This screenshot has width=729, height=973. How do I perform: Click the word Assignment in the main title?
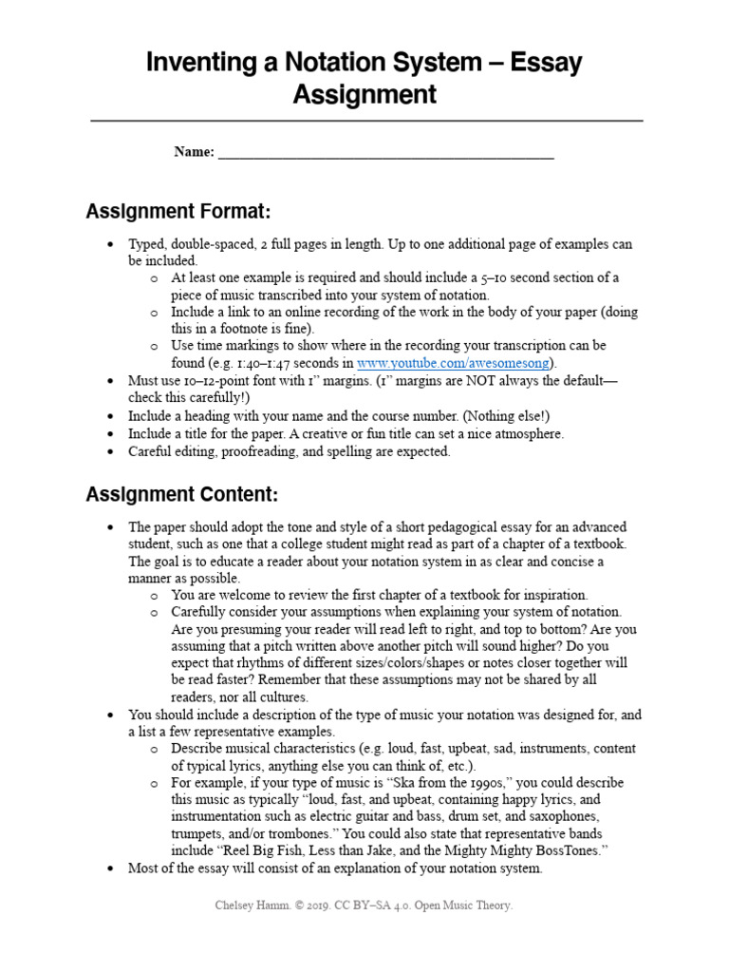pos(364,95)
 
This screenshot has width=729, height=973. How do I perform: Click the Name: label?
pos(194,152)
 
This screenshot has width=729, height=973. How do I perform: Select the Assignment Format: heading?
pos(179,210)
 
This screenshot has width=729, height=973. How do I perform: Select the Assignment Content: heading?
pos(182,494)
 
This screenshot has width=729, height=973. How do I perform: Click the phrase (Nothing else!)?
pos(515,416)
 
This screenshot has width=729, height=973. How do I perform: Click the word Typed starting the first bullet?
pos(147,244)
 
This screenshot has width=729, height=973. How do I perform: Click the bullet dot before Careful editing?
pos(111,452)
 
